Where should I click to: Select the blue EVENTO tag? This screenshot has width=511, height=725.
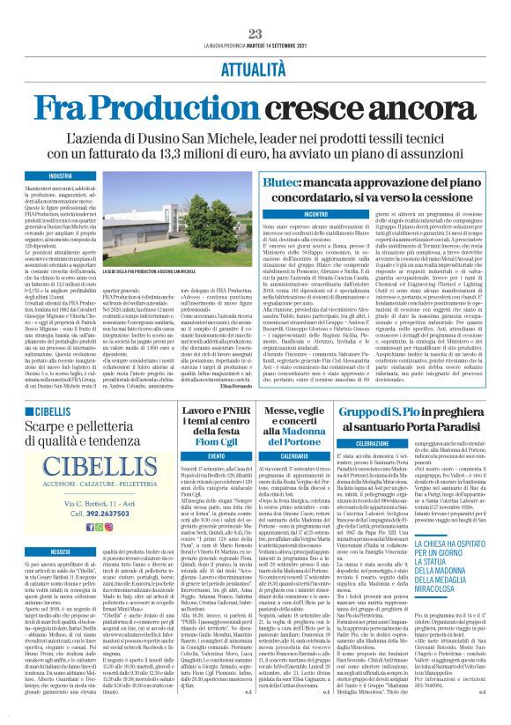tap(215, 457)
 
